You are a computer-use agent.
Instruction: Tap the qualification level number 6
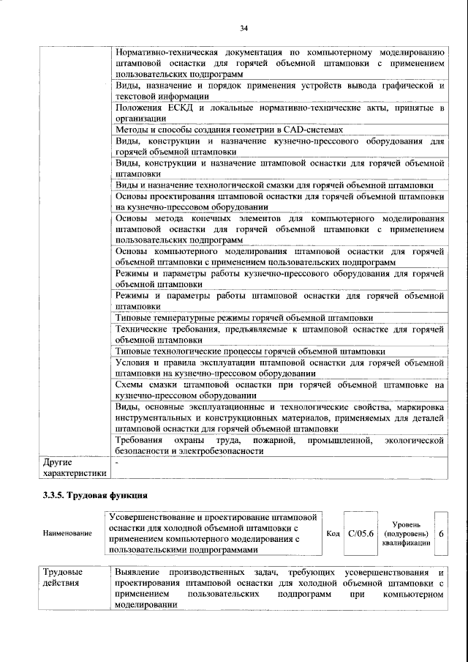click(x=441, y=534)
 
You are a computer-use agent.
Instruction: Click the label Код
click(x=333, y=534)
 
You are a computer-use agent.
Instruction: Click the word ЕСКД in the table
click(x=180, y=108)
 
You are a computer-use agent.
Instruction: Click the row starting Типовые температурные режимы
click(x=244, y=318)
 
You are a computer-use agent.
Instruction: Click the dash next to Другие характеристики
click(x=118, y=463)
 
